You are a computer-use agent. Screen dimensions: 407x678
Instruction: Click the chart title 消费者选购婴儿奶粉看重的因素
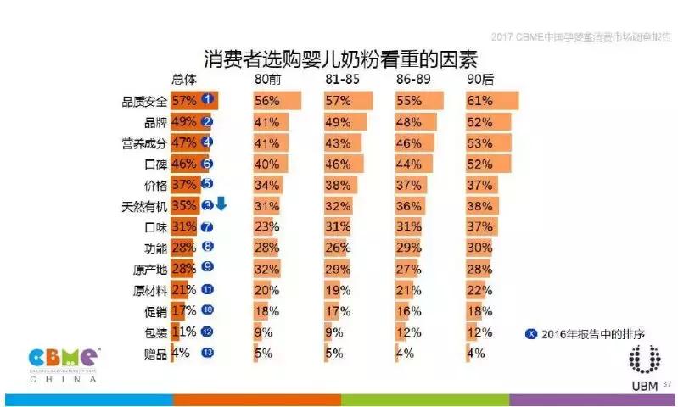(339, 60)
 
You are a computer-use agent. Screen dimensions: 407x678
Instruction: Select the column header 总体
(184, 80)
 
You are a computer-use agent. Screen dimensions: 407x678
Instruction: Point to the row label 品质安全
(144, 101)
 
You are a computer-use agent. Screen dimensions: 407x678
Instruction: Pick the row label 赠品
(154, 353)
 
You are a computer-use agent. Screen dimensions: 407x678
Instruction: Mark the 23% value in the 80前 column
(266, 227)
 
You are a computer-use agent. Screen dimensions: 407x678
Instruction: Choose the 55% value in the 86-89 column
(410, 101)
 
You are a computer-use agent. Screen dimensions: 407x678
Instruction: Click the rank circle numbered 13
(205, 353)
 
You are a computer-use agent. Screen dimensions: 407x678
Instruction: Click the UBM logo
(643, 365)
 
